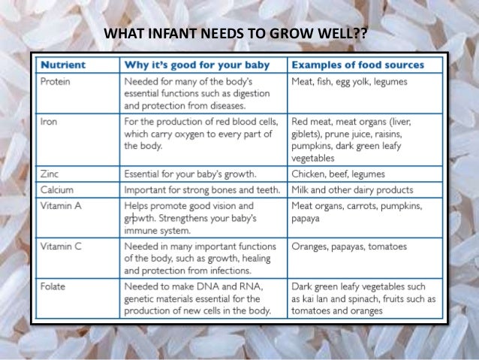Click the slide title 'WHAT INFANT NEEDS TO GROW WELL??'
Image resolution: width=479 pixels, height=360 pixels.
(x=239, y=34)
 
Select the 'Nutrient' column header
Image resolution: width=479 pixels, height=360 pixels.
(x=63, y=65)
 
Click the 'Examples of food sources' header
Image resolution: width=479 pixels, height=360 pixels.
(x=357, y=65)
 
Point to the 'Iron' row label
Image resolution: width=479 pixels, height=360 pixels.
(x=49, y=121)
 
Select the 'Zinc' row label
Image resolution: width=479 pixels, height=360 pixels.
(x=50, y=174)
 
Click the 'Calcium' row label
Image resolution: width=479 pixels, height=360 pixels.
(x=57, y=189)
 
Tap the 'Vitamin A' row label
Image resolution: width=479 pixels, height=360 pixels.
(x=61, y=204)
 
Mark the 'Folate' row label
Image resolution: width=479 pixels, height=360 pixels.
(x=54, y=285)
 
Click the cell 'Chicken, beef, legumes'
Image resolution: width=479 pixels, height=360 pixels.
(x=337, y=174)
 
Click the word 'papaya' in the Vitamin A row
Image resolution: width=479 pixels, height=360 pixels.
(x=306, y=218)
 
